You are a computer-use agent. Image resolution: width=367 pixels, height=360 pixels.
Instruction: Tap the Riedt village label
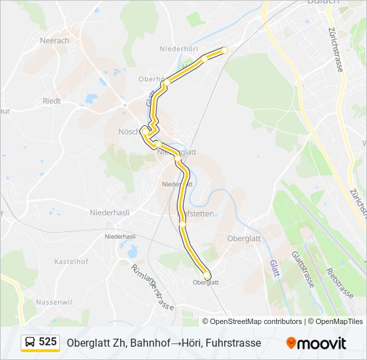(x=51, y=101)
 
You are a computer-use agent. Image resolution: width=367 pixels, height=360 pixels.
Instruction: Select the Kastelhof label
(x=71, y=262)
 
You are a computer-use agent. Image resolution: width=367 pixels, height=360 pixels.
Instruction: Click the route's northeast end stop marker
(x=224, y=50)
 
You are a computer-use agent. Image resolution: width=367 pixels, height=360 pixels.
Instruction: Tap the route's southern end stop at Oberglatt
(x=207, y=275)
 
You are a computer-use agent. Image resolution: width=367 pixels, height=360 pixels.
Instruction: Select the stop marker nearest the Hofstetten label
(x=181, y=225)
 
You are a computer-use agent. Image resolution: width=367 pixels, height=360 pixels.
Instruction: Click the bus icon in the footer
(x=30, y=343)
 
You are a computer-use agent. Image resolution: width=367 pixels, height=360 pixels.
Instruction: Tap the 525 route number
(x=48, y=342)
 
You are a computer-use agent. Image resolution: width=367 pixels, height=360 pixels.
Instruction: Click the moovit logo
(x=316, y=343)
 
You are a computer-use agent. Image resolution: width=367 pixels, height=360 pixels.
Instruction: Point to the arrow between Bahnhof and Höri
(x=177, y=343)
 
